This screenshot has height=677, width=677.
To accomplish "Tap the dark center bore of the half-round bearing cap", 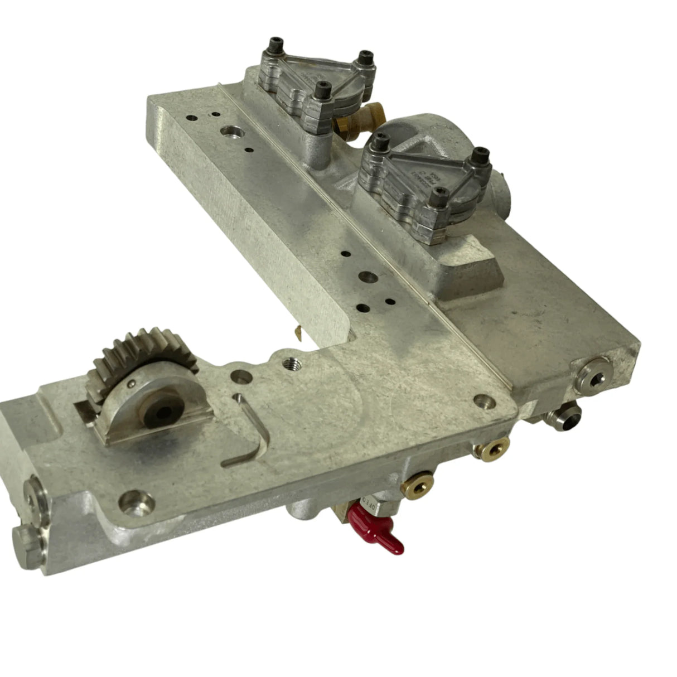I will point(163,413).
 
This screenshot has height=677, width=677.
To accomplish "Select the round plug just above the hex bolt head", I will point(35,494).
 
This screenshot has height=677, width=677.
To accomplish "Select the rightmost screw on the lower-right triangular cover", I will point(478,155).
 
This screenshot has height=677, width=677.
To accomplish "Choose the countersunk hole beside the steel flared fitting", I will point(481,400).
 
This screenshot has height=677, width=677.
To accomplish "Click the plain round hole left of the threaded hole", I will point(241,378).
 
